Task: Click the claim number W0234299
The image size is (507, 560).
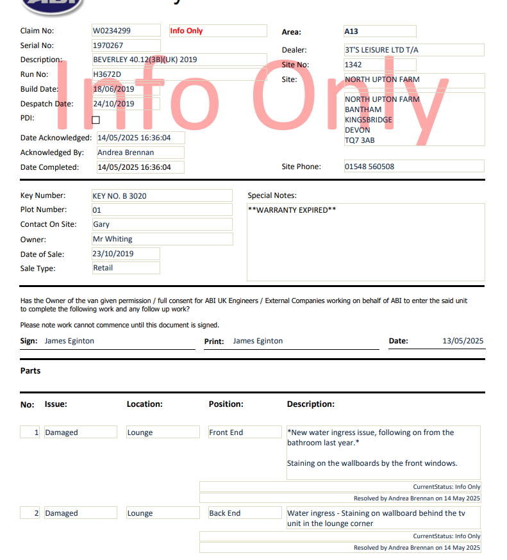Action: tap(112, 31)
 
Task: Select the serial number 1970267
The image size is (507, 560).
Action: tap(108, 45)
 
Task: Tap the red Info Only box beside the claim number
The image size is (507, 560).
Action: tap(187, 31)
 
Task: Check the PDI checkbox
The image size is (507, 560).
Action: tap(96, 120)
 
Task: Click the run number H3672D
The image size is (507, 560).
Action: tap(107, 74)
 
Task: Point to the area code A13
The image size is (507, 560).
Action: tap(352, 31)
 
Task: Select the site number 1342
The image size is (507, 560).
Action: tap(353, 65)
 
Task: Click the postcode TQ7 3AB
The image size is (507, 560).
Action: tap(360, 140)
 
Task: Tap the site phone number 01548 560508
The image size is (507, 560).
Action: tap(369, 167)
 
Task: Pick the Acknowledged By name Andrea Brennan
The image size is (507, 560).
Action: tap(126, 152)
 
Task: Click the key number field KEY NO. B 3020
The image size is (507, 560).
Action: tap(120, 196)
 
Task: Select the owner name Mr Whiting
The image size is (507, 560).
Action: tap(113, 239)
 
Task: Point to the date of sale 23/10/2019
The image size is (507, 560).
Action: tap(113, 254)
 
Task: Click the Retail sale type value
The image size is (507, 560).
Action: tap(103, 268)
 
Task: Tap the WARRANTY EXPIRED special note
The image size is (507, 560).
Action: tap(292, 210)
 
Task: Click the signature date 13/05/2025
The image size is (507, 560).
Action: tap(463, 341)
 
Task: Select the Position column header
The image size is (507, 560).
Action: tap(226, 404)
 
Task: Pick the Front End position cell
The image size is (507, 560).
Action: tap(226, 432)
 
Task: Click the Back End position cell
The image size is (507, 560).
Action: tap(225, 513)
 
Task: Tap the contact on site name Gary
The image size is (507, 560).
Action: tap(101, 224)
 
